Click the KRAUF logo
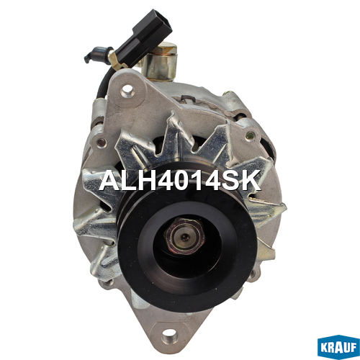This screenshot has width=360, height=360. pyautogui.click(x=338, y=347)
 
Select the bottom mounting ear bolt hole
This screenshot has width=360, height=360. pyautogui.click(x=168, y=333)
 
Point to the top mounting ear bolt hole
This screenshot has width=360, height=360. pyautogui.click(x=127, y=91)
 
